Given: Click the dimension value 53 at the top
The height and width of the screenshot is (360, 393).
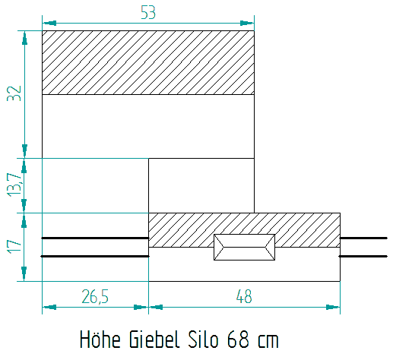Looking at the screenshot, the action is pos(148,13).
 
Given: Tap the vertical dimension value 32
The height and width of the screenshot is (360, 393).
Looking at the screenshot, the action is pos(14,93).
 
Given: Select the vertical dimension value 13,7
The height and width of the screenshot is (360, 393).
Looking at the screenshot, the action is pos(14,185).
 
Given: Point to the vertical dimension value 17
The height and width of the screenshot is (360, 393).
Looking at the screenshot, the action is pos(14,247).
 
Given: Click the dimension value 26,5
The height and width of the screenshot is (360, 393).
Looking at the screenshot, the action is pos(95,296).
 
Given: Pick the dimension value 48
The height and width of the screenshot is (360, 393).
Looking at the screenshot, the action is pos(244,296).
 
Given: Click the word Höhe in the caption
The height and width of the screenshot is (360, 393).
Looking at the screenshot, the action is pos(100,339).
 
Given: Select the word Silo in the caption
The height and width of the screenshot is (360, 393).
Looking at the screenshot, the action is pos(203,339).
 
